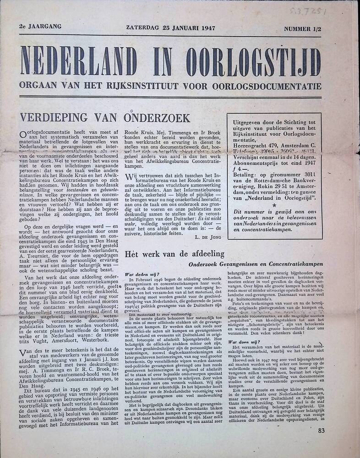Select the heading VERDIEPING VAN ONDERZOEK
(104, 118)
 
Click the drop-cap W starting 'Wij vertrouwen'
(129, 177)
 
